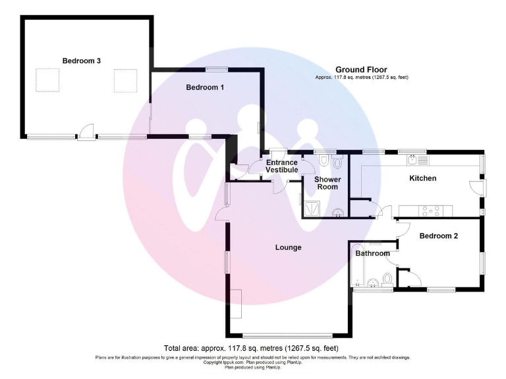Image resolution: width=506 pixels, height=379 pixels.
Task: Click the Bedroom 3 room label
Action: pyautogui.click(x=82, y=61)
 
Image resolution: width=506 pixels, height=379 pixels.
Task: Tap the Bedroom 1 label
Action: pyautogui.click(x=205, y=88)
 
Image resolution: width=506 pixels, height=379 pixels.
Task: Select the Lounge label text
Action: pyautogui.click(x=288, y=247)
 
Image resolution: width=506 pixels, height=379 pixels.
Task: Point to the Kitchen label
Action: pyautogui.click(x=423, y=178)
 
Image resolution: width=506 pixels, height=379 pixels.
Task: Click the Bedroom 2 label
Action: pyautogui.click(x=438, y=235)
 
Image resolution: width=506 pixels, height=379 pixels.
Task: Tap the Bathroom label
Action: pyautogui.click(x=372, y=253)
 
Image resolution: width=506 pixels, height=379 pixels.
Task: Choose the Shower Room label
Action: pyautogui.click(x=326, y=183)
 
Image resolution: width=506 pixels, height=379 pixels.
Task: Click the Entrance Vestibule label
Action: pyautogui.click(x=282, y=166)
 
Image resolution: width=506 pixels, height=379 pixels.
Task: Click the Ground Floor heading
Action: pyautogui.click(x=361, y=70)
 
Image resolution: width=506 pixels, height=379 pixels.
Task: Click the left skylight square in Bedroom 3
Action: pyautogui.click(x=48, y=81)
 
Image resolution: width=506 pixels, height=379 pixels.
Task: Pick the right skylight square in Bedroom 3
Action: pyautogui.click(x=125, y=81)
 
